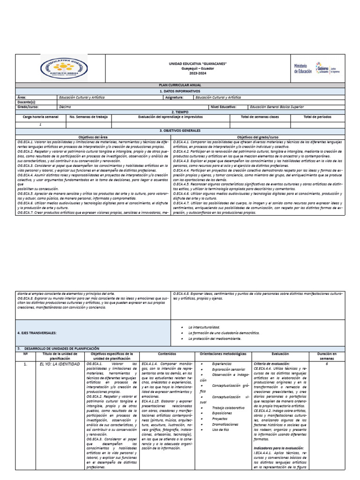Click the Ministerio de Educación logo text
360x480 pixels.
(302, 68)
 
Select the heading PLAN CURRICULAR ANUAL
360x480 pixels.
(180, 85)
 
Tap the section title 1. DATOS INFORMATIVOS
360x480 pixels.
(180, 91)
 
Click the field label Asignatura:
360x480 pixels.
(174, 97)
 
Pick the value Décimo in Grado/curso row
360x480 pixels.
(66, 107)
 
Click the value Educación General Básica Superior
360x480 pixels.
(277, 107)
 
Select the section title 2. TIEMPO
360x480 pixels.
(180, 112)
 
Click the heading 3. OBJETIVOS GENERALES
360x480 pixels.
(180, 130)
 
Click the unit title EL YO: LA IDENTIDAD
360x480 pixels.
(60, 364)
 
